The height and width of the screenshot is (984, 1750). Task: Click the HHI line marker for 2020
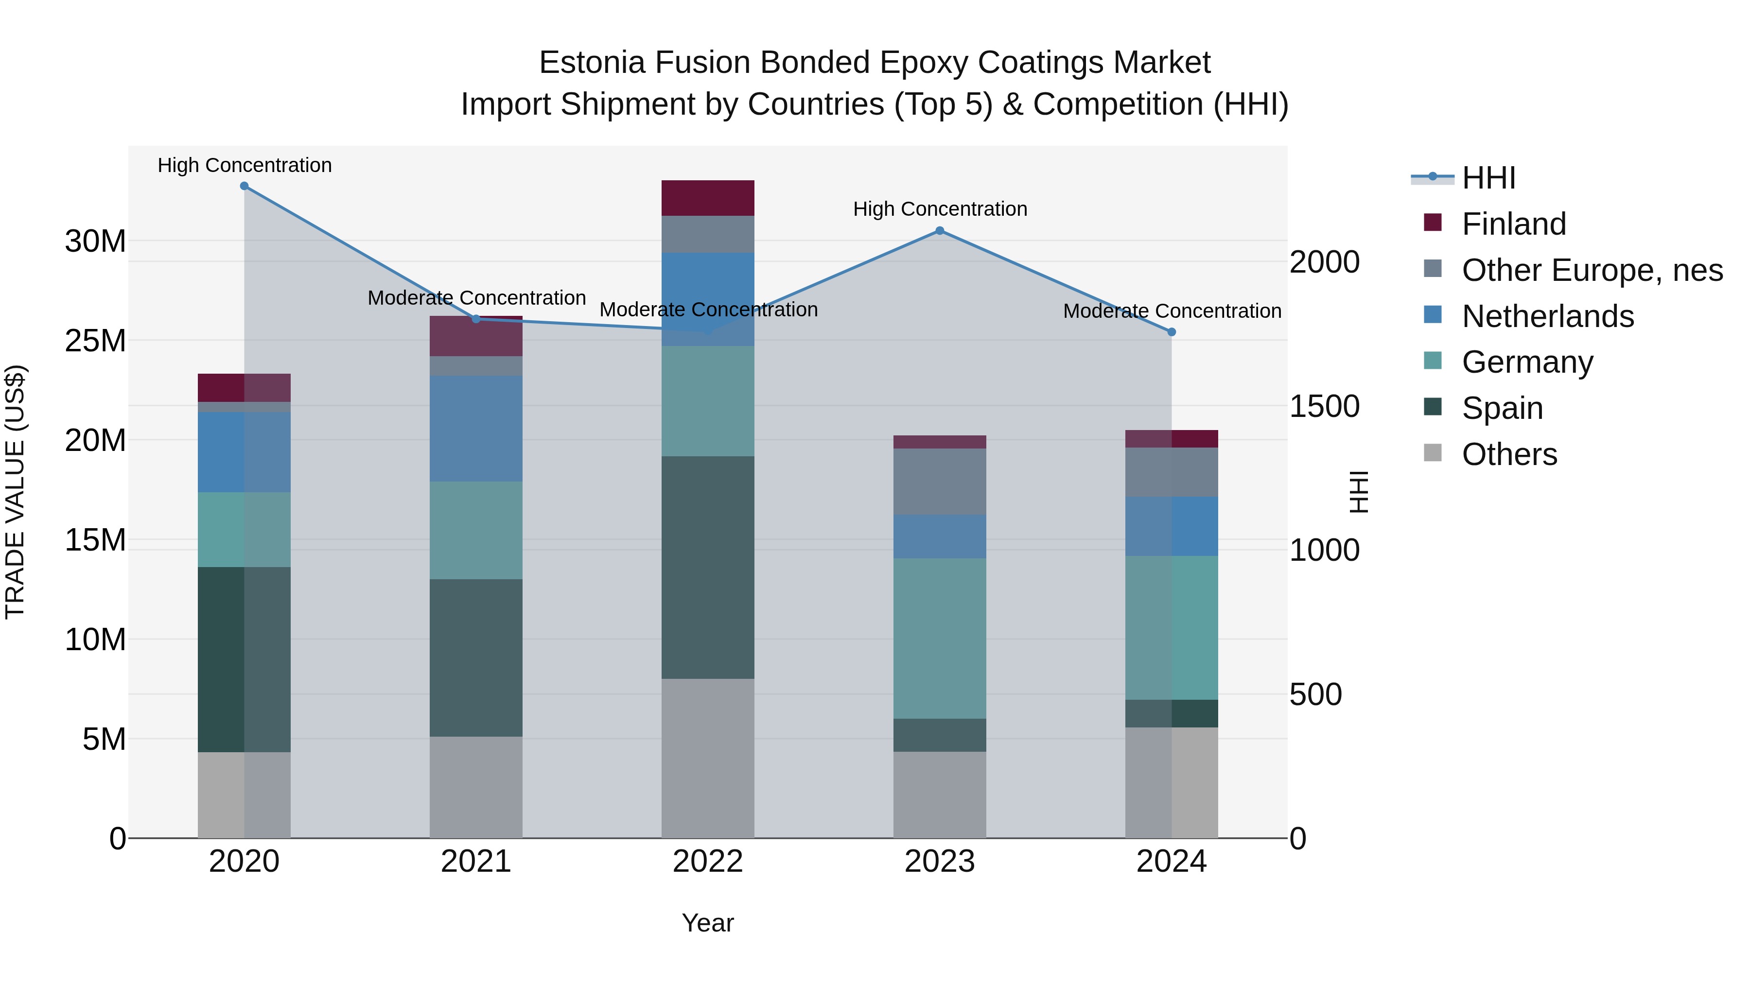coord(245,186)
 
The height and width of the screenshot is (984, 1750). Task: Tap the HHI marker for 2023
coord(940,231)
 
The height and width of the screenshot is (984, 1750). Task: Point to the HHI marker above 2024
coord(1172,332)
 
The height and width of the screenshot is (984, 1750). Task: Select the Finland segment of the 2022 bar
coord(708,198)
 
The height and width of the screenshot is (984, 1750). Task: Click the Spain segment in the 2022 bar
coord(708,567)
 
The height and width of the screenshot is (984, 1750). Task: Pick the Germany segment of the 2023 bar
coord(940,639)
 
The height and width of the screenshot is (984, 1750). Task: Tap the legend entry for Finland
coord(1514,224)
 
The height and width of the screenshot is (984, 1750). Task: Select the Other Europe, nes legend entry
coord(1592,270)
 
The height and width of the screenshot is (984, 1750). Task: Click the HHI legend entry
coord(1488,178)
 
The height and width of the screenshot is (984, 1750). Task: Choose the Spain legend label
coord(1502,408)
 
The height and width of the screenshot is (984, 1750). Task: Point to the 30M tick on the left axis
coord(95,241)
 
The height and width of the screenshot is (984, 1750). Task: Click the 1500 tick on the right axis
coord(1324,406)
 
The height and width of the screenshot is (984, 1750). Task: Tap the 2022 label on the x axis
coord(708,862)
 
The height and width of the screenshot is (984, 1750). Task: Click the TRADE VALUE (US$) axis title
coord(15,492)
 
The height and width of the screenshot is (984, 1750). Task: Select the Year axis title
coord(708,923)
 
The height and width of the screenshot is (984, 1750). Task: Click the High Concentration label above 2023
coord(940,209)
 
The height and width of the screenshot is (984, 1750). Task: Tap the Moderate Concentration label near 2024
coord(1172,311)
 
